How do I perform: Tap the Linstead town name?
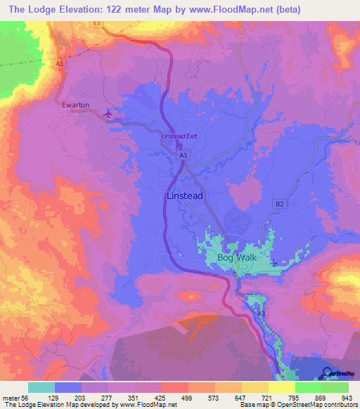[x=186, y=196]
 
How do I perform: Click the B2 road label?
[x=280, y=204]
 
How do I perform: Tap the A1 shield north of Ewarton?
[x=60, y=64]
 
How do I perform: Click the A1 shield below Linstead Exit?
[x=183, y=155]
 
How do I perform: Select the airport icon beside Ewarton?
[x=108, y=112]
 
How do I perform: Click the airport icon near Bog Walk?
[x=273, y=264]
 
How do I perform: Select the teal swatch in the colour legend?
[x=41, y=387]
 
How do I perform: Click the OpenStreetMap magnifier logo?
[x=328, y=372]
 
